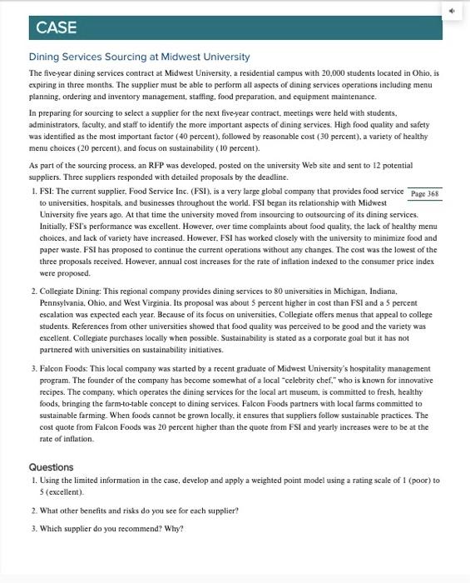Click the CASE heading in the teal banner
click(56, 27)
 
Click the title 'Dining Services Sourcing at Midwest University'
click(139, 57)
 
